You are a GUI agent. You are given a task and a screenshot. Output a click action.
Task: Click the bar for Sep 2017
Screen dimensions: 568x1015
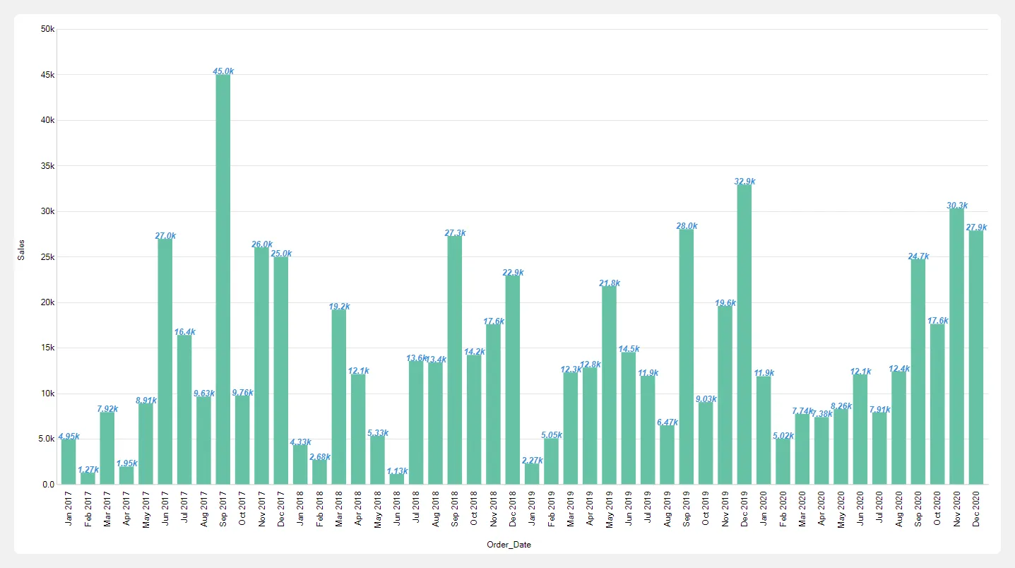tap(222, 279)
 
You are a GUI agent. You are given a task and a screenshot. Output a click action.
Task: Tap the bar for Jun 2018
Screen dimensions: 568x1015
tap(396, 479)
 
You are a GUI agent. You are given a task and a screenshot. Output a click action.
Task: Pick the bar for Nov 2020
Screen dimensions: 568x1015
tap(956, 346)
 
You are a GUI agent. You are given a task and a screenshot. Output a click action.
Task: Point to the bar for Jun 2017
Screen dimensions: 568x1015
tap(165, 361)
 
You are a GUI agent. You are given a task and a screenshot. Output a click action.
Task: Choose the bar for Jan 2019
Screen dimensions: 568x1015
tap(532, 473)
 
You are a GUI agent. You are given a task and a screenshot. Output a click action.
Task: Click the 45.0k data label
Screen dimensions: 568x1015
tap(223, 71)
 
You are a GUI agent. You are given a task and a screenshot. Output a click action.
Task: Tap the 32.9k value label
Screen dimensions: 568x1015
tap(744, 182)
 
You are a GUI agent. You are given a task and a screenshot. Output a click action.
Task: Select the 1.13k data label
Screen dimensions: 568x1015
tap(397, 471)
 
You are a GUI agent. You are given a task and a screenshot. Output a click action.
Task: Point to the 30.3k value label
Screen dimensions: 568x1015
tap(957, 206)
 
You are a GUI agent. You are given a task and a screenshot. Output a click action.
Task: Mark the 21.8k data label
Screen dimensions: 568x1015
tap(610, 283)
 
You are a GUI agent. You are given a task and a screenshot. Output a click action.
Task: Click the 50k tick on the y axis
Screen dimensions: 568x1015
tap(48, 29)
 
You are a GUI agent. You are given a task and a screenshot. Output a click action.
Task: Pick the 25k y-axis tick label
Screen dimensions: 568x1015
tap(48, 257)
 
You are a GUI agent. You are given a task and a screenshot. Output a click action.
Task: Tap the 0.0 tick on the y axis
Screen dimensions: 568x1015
tap(49, 485)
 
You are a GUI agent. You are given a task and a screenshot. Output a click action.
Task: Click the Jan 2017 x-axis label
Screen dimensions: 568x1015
tap(69, 508)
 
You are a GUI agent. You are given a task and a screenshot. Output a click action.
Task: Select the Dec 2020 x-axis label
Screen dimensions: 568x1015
tap(976, 508)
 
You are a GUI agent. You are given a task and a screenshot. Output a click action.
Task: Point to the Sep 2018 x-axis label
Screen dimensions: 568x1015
tap(455, 508)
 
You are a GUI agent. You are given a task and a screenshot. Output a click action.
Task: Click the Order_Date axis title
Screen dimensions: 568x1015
tap(509, 545)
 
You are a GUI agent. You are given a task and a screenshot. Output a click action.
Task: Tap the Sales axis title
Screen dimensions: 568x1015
tap(21, 249)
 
